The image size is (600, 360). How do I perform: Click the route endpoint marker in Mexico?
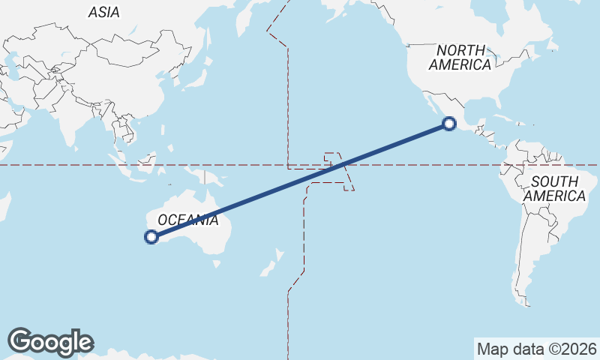tap(448, 124)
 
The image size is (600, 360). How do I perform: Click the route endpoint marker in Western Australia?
tap(151, 238)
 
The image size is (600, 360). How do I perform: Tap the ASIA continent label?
tap(103, 12)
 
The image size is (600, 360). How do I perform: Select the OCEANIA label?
tap(187, 220)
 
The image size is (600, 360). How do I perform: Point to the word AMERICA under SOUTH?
tap(555, 196)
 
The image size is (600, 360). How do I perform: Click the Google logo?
tap(50, 342)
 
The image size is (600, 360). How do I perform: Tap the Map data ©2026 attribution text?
tap(536, 349)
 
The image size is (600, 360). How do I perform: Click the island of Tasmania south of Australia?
tap(217, 263)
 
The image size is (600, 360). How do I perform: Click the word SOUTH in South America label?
tap(553, 181)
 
